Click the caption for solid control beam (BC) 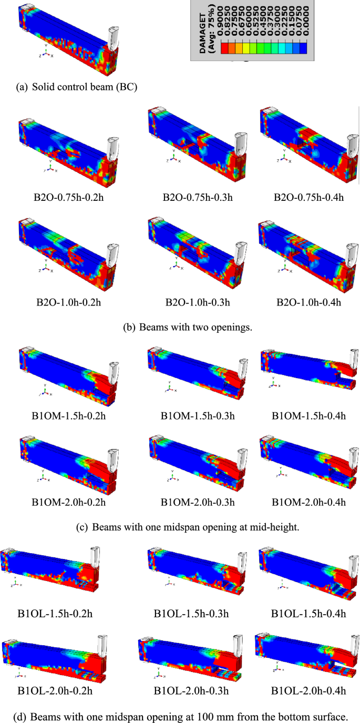pyautogui.click(x=77, y=87)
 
